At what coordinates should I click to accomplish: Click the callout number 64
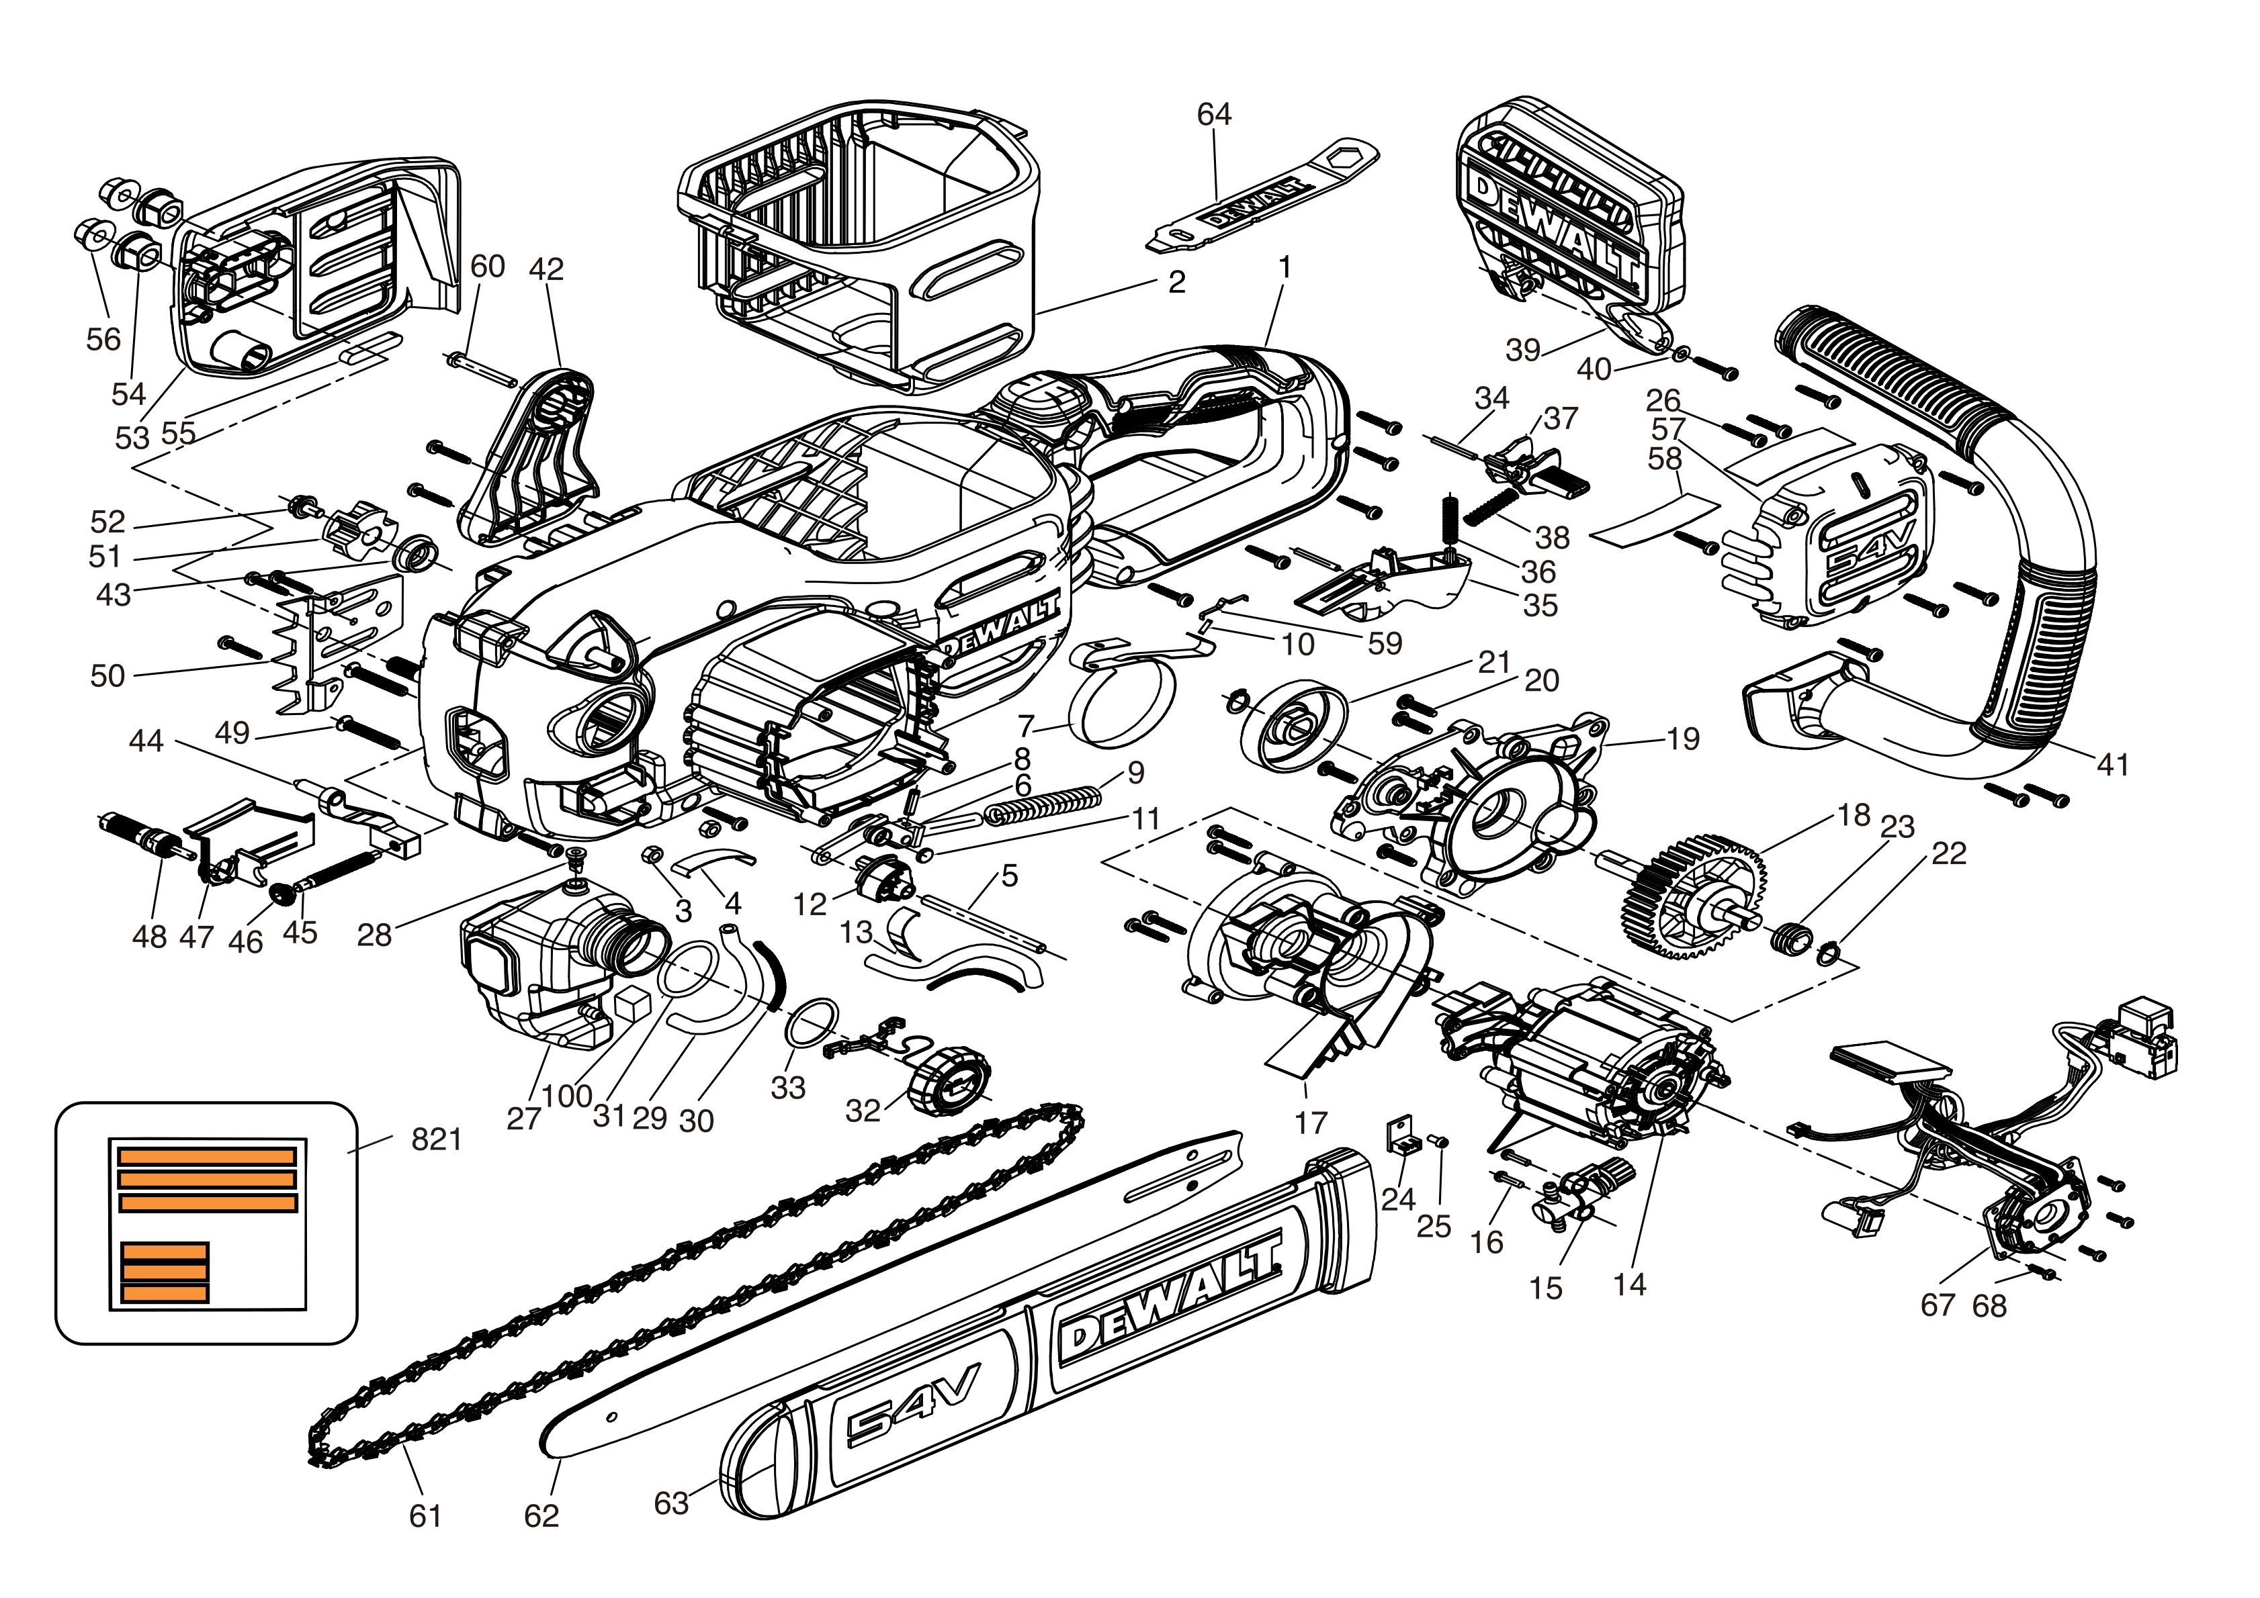point(1214,114)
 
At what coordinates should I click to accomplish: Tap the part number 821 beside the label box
point(436,1139)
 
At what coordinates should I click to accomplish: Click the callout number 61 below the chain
point(425,1515)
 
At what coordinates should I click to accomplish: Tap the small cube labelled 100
point(631,1004)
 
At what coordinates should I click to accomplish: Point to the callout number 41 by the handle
point(2112,765)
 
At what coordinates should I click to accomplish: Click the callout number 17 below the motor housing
point(1310,1122)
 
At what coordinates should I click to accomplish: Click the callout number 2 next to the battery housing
point(1176,283)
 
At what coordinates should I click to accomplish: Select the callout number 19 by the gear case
point(1683,739)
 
